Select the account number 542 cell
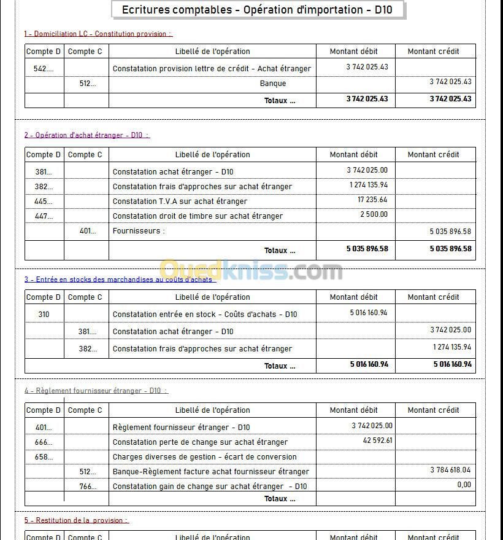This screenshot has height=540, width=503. click(44, 69)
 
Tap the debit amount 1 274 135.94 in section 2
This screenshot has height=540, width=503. click(369, 185)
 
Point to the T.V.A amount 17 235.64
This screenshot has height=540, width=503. click(372, 200)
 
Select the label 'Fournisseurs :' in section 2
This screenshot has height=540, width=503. click(139, 231)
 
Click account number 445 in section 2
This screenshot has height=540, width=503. click(44, 202)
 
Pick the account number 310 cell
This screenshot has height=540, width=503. click(44, 315)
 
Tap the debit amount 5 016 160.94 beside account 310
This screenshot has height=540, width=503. click(369, 313)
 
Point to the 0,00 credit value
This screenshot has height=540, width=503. click(464, 485)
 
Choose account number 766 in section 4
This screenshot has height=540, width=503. click(88, 487)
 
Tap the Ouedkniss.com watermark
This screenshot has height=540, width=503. click(251, 270)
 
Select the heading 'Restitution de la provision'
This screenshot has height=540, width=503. click(77, 520)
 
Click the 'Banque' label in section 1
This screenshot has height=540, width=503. click(273, 84)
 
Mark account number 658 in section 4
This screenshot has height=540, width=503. click(44, 457)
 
